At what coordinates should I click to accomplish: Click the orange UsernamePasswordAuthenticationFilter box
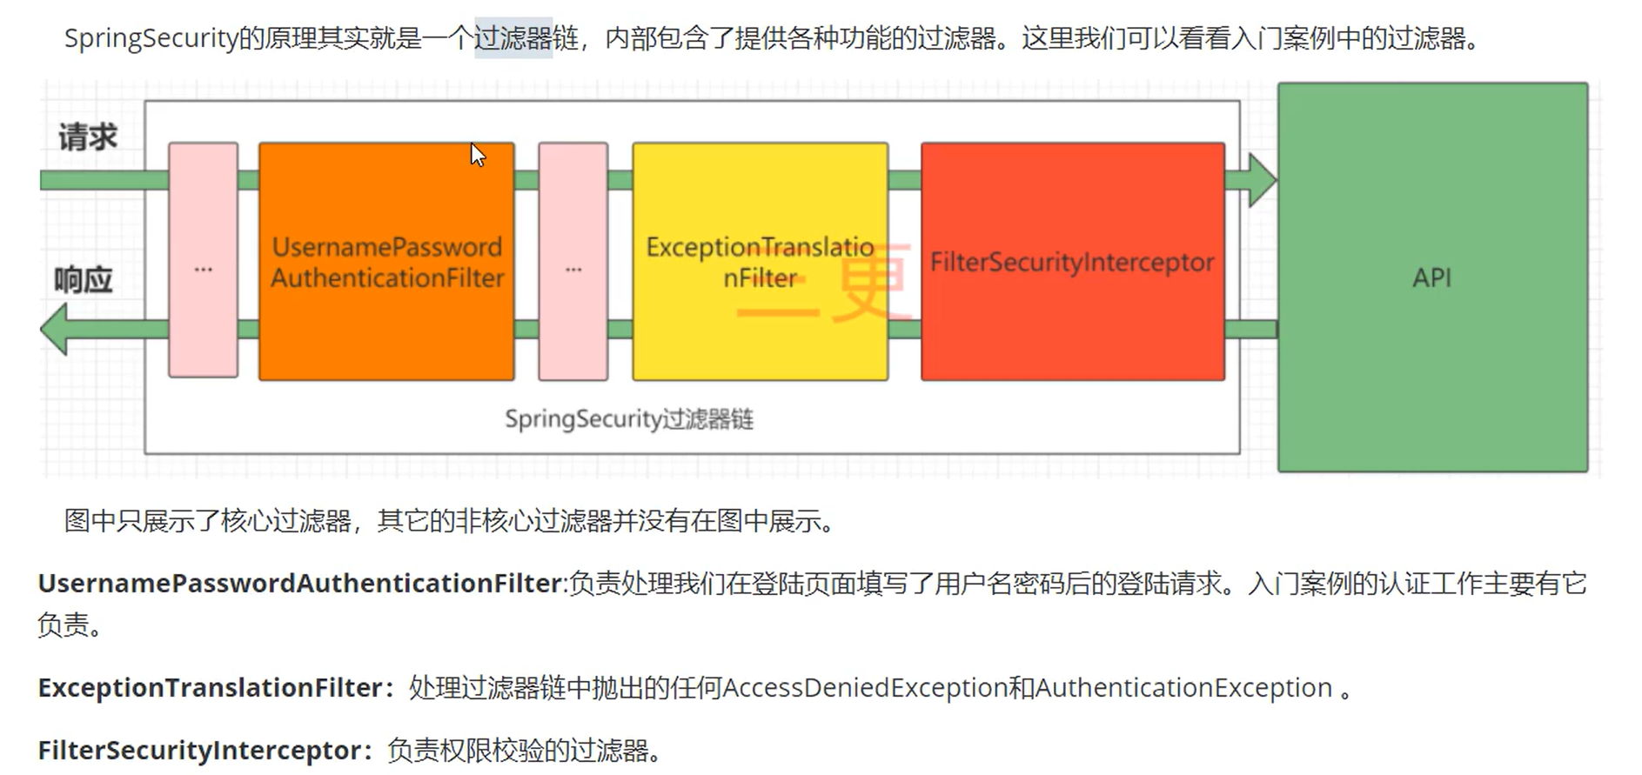coord(386,261)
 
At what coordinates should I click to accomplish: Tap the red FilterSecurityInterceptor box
coord(1072,261)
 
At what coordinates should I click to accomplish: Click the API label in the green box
coord(1431,277)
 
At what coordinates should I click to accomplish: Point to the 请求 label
coord(87,137)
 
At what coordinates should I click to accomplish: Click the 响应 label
coord(84,280)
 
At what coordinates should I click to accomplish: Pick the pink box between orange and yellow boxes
coord(573,261)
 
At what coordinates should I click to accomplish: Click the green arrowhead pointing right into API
coord(1260,180)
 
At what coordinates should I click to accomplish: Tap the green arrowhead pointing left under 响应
coord(56,329)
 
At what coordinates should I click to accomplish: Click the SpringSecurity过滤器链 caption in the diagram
coord(629,419)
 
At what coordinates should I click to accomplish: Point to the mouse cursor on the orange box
coord(477,155)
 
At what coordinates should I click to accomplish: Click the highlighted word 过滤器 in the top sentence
coord(513,38)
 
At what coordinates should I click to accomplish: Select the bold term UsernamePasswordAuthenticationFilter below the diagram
coord(300,583)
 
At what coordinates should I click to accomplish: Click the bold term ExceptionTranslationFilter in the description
coord(210,688)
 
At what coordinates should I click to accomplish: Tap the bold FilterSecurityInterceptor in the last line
coord(198,750)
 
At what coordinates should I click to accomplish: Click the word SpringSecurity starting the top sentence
coord(151,38)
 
